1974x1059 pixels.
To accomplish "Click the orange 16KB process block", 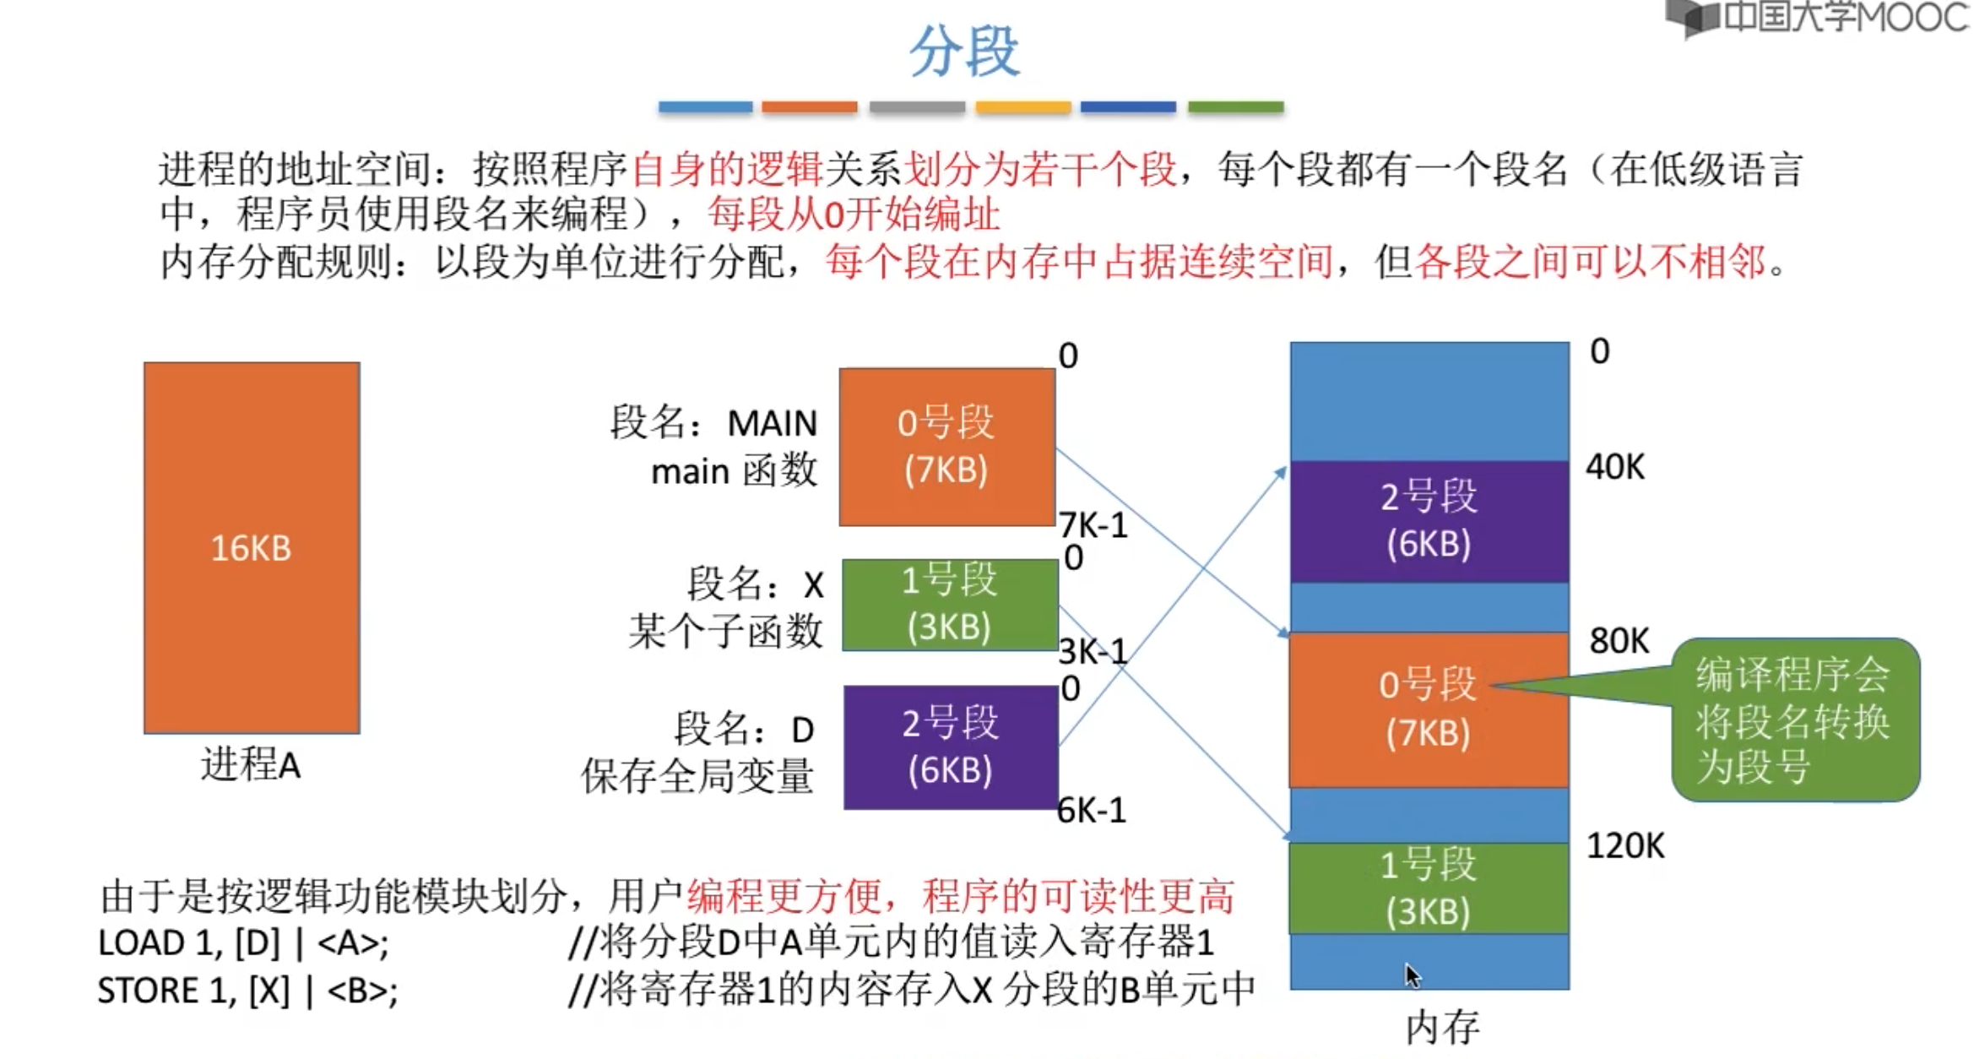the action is [x=252, y=547].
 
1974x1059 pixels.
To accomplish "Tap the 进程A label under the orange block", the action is [x=251, y=765].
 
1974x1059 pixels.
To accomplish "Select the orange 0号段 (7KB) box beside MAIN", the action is [x=946, y=446].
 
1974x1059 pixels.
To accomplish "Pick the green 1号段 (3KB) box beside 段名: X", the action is [x=950, y=604].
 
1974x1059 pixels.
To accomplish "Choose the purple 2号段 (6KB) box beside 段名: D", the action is [x=951, y=747].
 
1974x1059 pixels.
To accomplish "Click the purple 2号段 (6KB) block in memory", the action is [x=1429, y=520].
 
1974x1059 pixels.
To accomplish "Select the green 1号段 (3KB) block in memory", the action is [x=1429, y=888].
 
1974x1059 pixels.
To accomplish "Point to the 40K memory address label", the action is [x=1615, y=466].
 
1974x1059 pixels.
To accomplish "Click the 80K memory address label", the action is [x=1619, y=641].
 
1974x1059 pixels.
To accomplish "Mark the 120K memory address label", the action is [x=1625, y=845].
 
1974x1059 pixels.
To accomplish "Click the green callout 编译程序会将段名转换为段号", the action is [x=1795, y=720].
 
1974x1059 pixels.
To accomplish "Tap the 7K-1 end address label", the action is [x=1093, y=525].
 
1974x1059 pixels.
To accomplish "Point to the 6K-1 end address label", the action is [x=1092, y=811].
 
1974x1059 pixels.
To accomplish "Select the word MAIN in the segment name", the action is [x=772, y=423].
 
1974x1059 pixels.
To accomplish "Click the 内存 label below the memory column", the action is [x=1442, y=1028].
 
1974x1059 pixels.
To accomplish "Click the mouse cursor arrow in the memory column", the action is [x=1413, y=975].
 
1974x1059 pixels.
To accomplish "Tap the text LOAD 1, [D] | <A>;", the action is [x=243, y=943].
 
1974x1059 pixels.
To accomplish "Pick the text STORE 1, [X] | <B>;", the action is [x=247, y=991].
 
